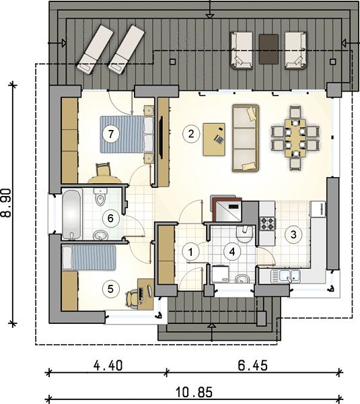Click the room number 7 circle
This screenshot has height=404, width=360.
111,134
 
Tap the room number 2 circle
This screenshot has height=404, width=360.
191,134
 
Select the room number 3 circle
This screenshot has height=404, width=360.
293,234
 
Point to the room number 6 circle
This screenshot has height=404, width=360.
110,218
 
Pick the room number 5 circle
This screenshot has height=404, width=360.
110,289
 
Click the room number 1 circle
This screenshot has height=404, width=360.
190,252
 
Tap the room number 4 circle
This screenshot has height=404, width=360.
232,252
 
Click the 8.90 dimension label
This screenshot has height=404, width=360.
7,203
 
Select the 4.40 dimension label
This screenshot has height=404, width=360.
108,366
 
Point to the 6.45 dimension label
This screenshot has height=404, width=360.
252,366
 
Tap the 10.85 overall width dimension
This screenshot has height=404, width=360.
194,393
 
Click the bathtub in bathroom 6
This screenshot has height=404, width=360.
71,215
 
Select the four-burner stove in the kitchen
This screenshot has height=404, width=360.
267,224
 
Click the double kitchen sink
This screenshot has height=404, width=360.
286,276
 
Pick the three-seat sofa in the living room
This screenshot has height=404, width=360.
246,138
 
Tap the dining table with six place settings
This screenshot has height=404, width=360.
295,138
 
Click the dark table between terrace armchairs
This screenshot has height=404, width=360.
268,49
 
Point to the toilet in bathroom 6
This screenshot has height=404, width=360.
100,197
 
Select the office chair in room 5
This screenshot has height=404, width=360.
132,298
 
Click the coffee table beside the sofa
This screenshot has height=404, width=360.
214,139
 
